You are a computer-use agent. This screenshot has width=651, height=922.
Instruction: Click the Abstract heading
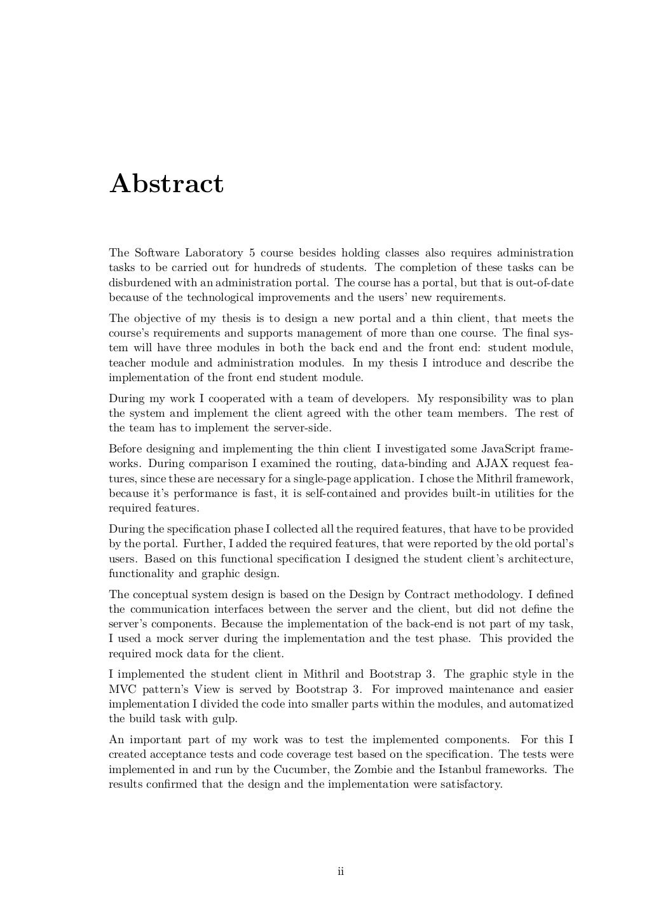167,184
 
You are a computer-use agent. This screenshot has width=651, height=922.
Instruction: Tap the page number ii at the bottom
340,871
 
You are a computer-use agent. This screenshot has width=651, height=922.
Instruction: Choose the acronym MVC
121,689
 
